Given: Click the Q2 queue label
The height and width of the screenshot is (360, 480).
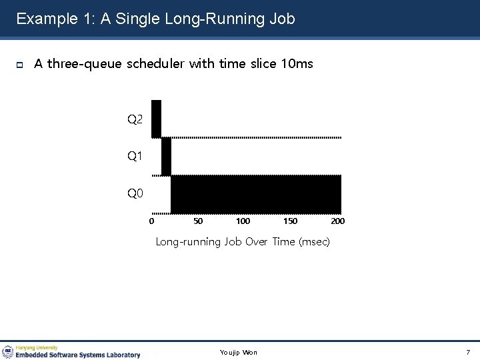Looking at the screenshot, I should point(135,120).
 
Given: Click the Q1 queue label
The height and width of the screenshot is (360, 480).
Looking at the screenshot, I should point(135,157).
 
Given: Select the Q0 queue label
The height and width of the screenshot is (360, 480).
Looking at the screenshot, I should point(135,194).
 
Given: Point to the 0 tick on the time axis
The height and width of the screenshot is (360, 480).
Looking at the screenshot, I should point(152,221).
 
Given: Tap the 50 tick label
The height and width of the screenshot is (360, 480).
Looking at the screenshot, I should point(198,221).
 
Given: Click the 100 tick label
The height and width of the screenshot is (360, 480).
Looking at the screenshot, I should point(243,221).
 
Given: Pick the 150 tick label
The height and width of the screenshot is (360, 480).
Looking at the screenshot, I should point(291,221).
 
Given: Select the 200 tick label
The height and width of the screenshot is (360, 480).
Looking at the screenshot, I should point(337,221).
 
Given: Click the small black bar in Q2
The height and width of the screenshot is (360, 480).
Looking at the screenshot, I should point(156,118).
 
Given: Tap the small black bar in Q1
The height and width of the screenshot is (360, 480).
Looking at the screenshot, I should point(166,156).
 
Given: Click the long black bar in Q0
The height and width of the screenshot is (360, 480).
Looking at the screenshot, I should point(256,194).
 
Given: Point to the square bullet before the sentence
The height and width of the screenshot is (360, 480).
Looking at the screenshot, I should point(19,65).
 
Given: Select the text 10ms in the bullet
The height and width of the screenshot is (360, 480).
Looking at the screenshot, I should point(297,64).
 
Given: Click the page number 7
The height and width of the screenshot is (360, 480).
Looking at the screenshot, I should point(468,352).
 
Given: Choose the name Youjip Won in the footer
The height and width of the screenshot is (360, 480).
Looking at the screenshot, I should point(239,352).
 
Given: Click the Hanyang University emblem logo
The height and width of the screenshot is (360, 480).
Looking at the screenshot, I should point(8,351).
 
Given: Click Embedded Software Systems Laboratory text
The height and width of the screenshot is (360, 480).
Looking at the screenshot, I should point(79,355).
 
